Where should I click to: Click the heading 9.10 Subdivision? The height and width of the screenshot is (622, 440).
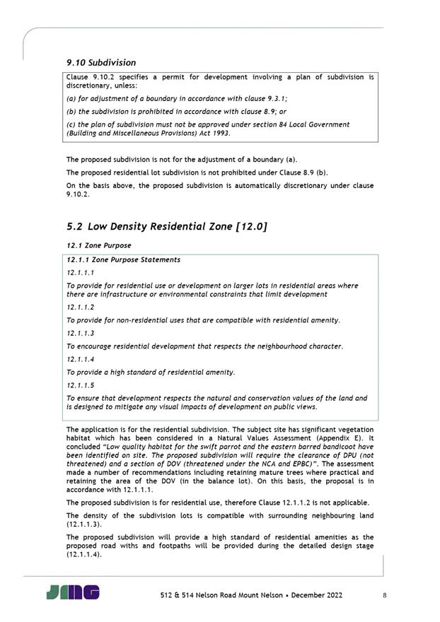[101, 63]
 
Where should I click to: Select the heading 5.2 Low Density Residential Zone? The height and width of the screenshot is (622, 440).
[166, 226]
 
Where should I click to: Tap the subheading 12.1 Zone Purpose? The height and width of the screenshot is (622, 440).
[98, 245]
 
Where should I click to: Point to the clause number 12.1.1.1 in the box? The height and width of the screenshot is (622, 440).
[80, 272]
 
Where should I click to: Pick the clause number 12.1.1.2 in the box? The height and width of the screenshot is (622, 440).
[80, 308]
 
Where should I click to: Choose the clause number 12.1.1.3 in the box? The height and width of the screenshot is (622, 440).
[80, 334]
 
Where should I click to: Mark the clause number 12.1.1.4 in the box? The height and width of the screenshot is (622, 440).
[80, 359]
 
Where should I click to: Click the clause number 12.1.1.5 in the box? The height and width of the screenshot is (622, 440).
[80, 385]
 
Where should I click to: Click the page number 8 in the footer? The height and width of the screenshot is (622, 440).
[384, 595]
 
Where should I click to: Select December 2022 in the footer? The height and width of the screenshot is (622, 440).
[313, 595]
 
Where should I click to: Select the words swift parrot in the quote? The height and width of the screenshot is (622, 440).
[202, 447]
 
